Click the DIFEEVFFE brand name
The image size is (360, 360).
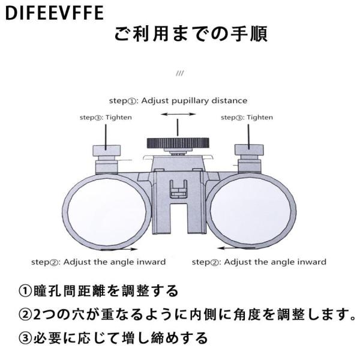coord(55,13)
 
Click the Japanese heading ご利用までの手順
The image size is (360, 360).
coord(191,34)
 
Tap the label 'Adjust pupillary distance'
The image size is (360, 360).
coord(194,101)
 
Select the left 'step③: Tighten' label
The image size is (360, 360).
coord(106,118)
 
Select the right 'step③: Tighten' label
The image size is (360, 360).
coord(247,118)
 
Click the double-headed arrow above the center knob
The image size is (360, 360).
coord(178,114)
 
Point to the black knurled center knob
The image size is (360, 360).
coord(178,143)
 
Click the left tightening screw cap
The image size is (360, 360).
coord(107,151)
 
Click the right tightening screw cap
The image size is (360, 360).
coord(249,149)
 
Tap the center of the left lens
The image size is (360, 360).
coord(107,211)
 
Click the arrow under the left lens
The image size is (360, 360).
coord(119,249)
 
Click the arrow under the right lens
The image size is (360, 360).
coord(236,248)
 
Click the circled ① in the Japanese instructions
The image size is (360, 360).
coord(25,291)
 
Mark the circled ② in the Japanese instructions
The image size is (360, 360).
coord(25,314)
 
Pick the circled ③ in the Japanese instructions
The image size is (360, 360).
coord(25,338)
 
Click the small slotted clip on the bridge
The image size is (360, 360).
coord(178,189)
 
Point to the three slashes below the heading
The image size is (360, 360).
coord(180,73)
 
